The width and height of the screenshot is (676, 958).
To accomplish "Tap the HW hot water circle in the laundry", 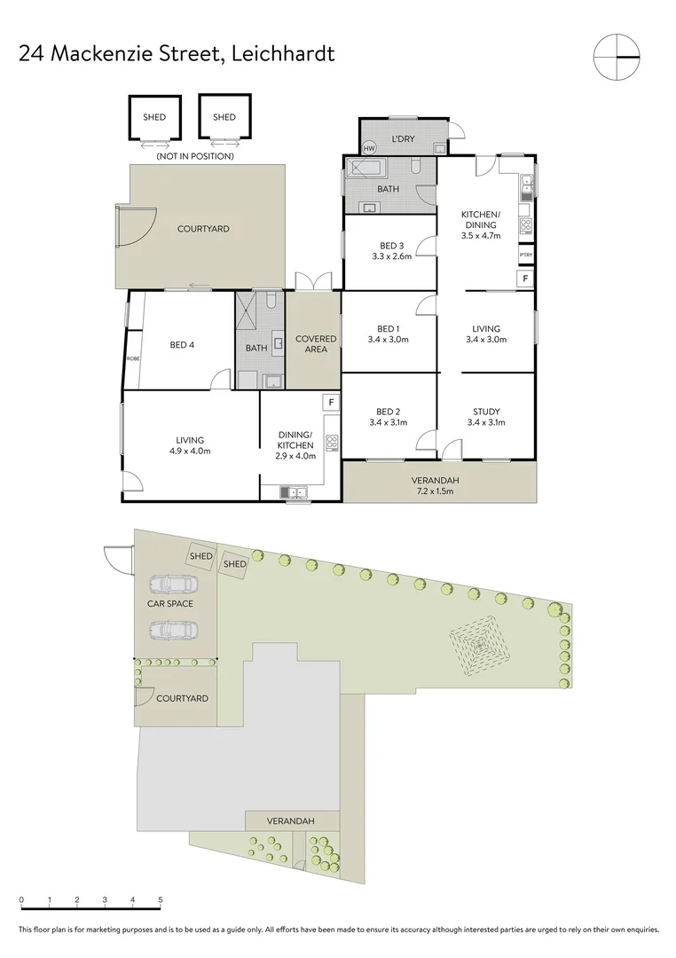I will click(370, 147).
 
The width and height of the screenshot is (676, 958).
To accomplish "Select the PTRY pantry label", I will click(525, 255).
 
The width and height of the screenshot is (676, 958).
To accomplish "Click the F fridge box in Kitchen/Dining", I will click(525, 279).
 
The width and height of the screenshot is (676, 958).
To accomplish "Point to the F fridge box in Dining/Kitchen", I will click(331, 403).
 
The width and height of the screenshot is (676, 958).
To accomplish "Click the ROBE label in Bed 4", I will click(133, 358).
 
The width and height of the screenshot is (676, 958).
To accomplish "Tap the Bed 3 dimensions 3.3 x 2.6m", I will click(391, 257).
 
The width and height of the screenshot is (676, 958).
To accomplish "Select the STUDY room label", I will click(486, 412).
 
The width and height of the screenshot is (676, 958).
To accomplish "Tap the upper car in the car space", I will click(173, 585).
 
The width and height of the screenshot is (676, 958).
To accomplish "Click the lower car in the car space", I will click(173, 631).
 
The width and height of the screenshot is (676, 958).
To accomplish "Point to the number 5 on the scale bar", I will click(161, 900).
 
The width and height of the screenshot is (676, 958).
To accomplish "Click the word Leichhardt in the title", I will click(282, 53).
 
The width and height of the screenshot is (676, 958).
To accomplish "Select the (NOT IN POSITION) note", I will click(194, 156).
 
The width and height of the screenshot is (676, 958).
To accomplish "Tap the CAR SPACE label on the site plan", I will click(169, 604).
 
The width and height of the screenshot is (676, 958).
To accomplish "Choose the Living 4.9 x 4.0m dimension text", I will click(189, 451).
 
